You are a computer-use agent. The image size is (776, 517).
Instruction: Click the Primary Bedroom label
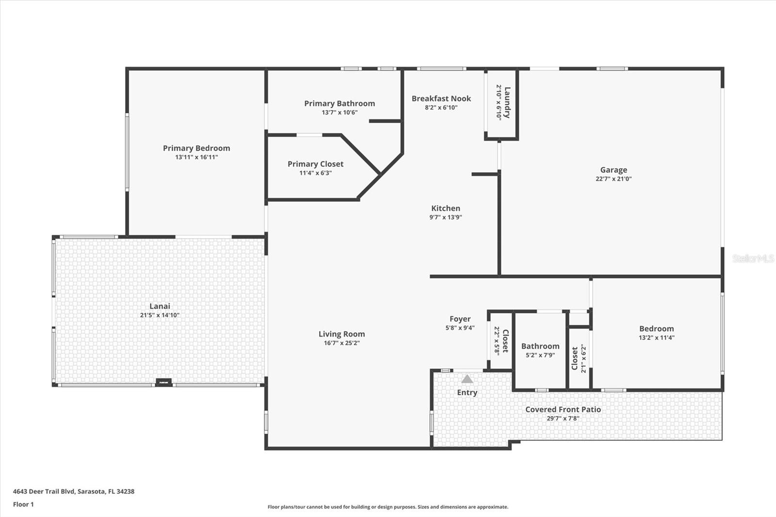pyautogui.click(x=196, y=148)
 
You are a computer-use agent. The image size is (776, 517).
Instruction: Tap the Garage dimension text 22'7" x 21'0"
pyautogui.click(x=614, y=179)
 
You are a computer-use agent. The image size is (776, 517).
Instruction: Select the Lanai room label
pyautogui.click(x=160, y=306)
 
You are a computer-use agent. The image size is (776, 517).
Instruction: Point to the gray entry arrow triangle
pyautogui.click(x=467, y=379)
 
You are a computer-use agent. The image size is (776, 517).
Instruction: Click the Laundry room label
pyautogui.click(x=507, y=102)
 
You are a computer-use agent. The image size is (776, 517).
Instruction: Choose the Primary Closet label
pyautogui.click(x=315, y=164)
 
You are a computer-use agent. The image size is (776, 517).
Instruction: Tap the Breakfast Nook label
pyautogui.click(x=441, y=98)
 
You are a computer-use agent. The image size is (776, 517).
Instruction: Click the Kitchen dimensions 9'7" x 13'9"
pyautogui.click(x=445, y=217)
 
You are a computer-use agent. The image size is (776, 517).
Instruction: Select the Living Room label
pyautogui.click(x=341, y=334)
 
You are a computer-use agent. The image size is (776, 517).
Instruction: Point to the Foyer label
pyautogui.click(x=460, y=319)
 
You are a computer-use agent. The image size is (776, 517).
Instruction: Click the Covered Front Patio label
pyautogui.click(x=563, y=409)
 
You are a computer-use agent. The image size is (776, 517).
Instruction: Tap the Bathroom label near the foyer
pyautogui.click(x=540, y=346)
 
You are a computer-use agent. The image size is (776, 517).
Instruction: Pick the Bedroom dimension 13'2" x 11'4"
pyautogui.click(x=656, y=338)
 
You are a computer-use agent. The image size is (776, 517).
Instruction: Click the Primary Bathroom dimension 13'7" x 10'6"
pyautogui.click(x=339, y=113)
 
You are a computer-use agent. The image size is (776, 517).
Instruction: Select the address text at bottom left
pyautogui.click(x=74, y=491)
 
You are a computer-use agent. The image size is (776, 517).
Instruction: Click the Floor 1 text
pyautogui.click(x=23, y=504)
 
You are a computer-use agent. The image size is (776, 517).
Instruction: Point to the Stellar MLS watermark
pyautogui.click(x=753, y=258)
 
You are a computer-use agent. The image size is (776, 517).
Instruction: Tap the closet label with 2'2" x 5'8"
pyautogui.click(x=505, y=340)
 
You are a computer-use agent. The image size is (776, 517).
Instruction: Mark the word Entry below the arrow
pyautogui.click(x=467, y=393)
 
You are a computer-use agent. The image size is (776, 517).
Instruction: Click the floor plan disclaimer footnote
pyautogui.click(x=388, y=507)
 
